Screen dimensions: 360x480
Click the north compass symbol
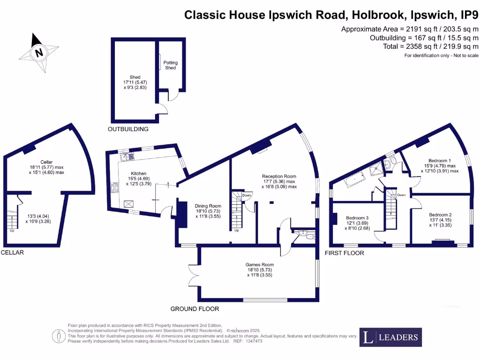39,52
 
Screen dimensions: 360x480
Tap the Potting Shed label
171,65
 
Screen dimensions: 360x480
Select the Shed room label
135,77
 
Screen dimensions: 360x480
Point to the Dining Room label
208,206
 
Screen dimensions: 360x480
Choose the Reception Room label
279,176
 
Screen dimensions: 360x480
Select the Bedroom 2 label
440,215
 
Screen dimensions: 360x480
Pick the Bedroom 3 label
358,218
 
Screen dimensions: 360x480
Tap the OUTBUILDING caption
128,129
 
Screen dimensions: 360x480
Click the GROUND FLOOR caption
195,309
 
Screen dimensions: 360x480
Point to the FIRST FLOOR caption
345,253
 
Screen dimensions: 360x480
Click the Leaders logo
390,337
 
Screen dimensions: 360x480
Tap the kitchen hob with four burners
113,188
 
